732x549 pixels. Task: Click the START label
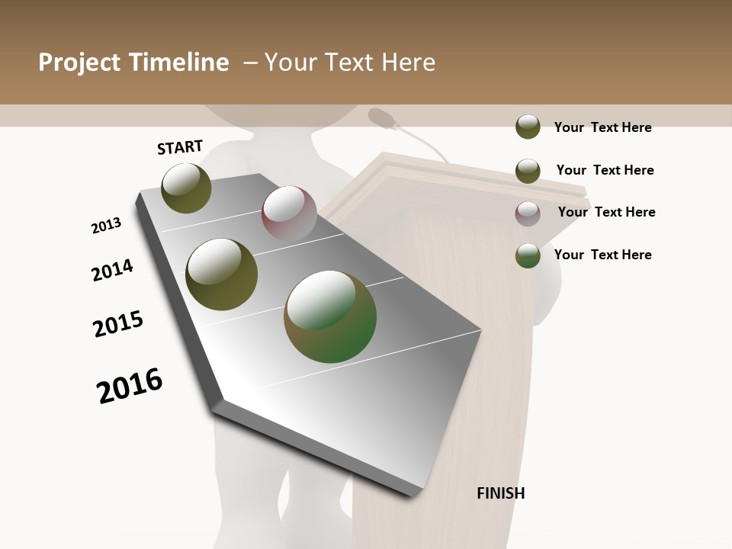tap(180, 147)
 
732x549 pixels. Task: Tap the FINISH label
tap(501, 493)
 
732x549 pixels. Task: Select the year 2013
tap(106, 226)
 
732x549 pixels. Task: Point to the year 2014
tap(113, 270)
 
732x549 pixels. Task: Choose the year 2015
tap(118, 324)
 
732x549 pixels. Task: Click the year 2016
tap(130, 386)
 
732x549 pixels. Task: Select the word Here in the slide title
tap(408, 63)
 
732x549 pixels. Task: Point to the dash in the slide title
tap(249, 63)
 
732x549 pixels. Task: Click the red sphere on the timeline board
tap(289, 213)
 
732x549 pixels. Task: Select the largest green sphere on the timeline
tap(330, 316)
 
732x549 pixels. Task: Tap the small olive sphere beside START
tap(187, 188)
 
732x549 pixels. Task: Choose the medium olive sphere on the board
tap(222, 274)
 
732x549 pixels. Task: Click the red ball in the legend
tap(528, 213)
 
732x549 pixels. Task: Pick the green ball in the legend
tap(528, 255)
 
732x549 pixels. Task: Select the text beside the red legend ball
tap(606, 212)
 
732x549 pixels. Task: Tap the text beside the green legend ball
tap(602, 255)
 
